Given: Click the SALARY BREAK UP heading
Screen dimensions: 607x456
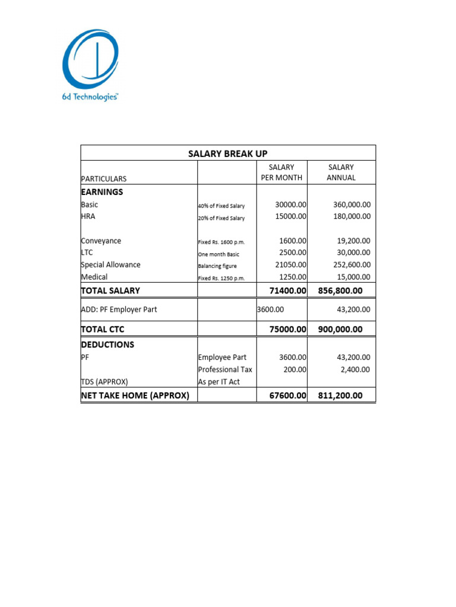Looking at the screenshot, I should point(228,154).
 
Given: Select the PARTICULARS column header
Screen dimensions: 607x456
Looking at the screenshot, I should point(104,178).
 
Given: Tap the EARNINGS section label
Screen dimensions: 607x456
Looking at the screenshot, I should point(102,192).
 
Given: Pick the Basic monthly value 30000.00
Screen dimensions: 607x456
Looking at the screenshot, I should point(290,205).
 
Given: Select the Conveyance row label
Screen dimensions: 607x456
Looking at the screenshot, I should point(101,241).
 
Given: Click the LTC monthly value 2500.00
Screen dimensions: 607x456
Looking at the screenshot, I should point(292,253).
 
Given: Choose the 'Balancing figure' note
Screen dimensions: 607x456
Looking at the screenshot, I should point(217,266).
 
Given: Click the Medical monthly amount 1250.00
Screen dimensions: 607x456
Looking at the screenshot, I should point(292,277).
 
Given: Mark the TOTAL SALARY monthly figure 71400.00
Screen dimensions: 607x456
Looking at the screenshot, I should point(288,290).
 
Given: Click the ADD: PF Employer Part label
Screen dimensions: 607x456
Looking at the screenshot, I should point(119,309).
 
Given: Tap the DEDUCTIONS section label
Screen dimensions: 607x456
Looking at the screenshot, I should point(107,344).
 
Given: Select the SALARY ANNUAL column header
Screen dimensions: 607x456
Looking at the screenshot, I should point(341,172).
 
